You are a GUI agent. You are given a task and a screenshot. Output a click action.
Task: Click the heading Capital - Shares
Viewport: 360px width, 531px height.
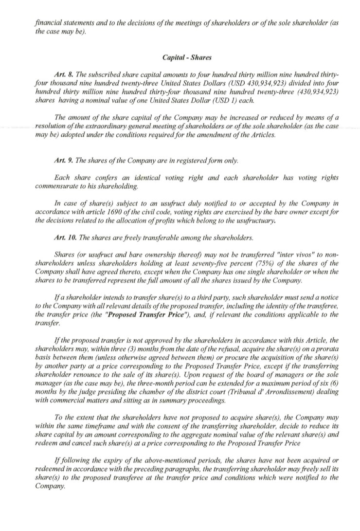(187, 57)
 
